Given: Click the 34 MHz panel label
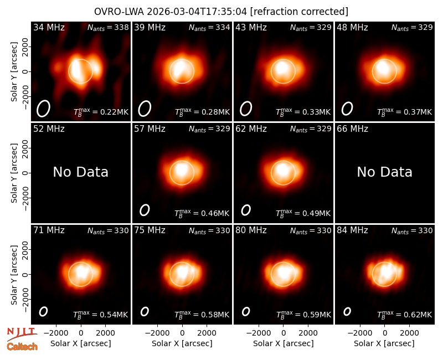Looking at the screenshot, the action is point(49,27).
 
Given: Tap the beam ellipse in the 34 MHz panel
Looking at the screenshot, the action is point(43,109).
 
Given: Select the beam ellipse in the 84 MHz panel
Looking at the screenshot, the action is point(347,311).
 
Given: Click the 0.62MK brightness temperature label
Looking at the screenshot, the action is point(405,314).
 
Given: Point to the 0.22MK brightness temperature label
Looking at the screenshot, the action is point(101,112).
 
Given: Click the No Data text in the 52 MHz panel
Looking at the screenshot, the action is point(80,172).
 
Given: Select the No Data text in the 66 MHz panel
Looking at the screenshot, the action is point(384,172).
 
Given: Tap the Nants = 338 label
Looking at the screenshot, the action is point(108,27).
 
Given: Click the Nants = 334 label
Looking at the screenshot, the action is point(209,27).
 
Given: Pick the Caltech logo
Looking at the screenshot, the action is point(22,347).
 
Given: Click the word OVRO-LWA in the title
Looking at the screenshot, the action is point(119,12).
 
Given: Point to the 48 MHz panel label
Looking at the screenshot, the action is point(352,27).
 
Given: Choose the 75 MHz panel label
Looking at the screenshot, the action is point(150,230).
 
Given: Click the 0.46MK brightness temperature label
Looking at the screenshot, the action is point(202,213).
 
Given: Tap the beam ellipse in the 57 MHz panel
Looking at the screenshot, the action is point(145,210).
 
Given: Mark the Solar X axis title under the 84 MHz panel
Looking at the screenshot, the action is point(384,343).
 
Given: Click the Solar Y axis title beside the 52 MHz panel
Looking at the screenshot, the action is point(14,173).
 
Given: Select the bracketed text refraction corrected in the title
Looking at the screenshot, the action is point(299,12).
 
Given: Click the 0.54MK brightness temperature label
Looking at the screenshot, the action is point(101,314).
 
